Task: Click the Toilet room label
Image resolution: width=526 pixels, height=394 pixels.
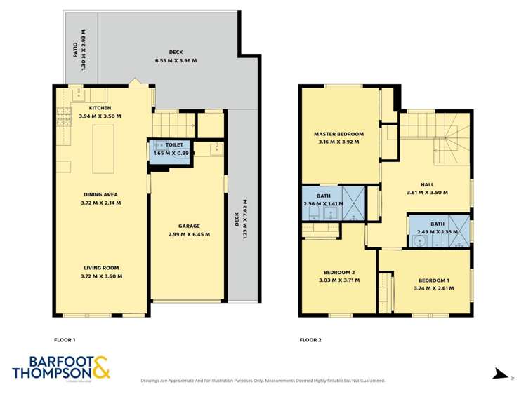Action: coord(174,144)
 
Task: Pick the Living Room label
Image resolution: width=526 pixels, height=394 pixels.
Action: coord(100,267)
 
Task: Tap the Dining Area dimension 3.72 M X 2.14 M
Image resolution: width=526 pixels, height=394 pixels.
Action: coord(100,203)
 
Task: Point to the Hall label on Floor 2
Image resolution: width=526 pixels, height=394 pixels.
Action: coord(426,184)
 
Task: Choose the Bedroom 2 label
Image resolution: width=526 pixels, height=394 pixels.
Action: coord(338,272)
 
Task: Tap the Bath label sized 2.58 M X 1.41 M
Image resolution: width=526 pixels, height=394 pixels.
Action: coord(322,204)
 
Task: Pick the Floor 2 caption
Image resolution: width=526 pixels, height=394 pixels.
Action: coord(310,339)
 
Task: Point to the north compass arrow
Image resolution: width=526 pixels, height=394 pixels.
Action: coord(499,374)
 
